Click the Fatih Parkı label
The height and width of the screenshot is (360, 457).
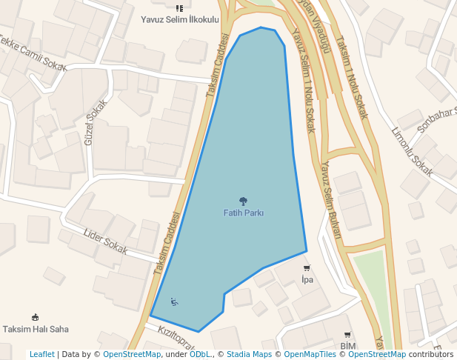[244, 213]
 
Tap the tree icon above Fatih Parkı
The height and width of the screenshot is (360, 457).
[243, 201]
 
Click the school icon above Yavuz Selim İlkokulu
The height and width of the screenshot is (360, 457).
[179, 8]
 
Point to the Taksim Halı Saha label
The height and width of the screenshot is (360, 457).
[36, 329]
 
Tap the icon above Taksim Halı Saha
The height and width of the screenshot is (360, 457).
[35, 317]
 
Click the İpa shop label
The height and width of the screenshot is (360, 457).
[307, 279]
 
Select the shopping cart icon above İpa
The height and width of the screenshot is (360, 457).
[307, 268]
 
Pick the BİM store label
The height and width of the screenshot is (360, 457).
[348, 346]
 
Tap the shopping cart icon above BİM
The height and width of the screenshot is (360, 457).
[347, 335]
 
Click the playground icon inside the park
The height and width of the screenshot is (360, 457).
[174, 301]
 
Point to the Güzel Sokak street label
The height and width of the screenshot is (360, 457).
[91, 122]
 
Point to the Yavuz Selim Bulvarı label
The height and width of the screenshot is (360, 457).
[330, 200]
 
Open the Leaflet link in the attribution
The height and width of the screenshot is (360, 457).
[42, 354]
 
